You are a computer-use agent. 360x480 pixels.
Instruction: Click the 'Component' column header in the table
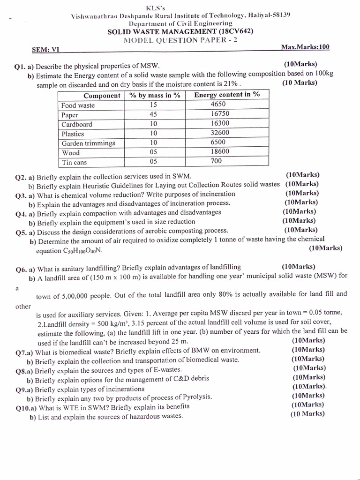click(x=102, y=96)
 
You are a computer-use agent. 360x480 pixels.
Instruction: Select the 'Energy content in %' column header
click(x=227, y=95)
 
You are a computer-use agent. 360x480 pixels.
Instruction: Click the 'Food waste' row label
click(x=78, y=105)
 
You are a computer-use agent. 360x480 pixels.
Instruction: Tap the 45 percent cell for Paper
click(x=154, y=114)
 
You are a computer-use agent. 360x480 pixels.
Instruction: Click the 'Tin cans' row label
click(x=74, y=163)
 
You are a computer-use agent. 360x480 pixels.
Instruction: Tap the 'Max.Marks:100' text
click(x=305, y=47)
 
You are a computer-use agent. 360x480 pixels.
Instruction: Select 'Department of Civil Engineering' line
click(x=180, y=23)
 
